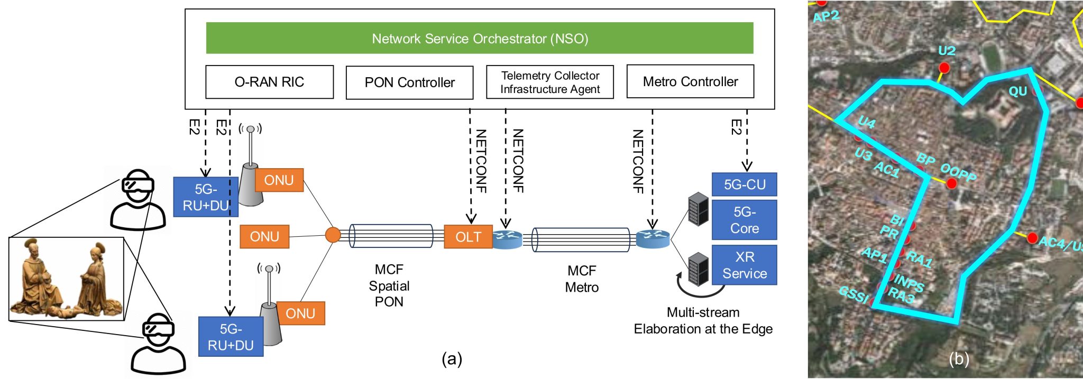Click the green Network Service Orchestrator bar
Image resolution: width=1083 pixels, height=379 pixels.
tap(479, 38)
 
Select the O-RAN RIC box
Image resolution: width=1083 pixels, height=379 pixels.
tap(269, 82)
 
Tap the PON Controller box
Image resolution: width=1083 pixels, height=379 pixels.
tap(409, 82)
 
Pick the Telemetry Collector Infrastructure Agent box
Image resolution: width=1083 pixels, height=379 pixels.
tap(550, 82)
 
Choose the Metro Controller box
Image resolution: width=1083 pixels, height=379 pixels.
tap(690, 82)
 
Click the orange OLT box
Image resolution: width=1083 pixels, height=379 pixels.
tap(468, 237)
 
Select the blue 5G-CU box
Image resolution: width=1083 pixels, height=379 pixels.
tap(744, 184)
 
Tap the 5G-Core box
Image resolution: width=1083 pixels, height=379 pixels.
tap(744, 220)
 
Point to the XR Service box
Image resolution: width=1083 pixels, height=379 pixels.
tap(744, 265)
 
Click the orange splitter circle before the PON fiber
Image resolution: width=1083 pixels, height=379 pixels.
tap(333, 235)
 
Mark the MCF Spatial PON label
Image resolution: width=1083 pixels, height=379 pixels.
tap(389, 285)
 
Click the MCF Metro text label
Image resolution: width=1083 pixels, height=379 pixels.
tap(582, 279)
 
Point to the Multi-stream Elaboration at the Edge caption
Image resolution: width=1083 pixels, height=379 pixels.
tap(703, 321)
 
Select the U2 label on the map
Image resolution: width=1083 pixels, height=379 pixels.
tap(947, 51)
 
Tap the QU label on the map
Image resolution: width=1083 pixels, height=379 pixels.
tap(1017, 91)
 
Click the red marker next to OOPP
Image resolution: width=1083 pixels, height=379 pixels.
tap(951, 184)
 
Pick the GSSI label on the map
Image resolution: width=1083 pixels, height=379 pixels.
tap(853, 294)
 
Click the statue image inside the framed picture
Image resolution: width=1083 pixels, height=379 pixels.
tap(67, 279)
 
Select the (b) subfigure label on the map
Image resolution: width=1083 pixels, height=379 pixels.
tap(959, 359)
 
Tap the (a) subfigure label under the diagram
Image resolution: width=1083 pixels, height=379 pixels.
tap(452, 359)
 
